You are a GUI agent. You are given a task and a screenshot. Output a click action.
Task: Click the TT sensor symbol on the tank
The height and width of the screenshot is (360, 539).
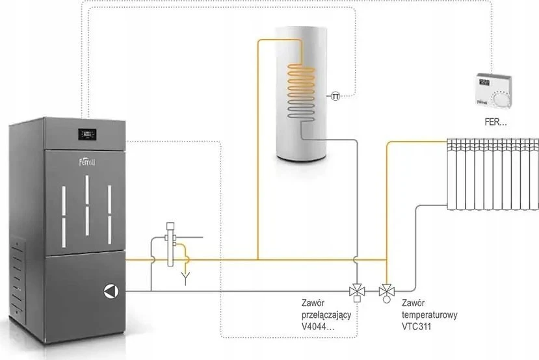(335, 97)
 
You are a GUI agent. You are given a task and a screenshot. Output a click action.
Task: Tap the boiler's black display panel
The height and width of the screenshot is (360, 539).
(87, 134)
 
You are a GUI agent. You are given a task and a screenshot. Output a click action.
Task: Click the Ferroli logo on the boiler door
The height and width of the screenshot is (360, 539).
(87, 161)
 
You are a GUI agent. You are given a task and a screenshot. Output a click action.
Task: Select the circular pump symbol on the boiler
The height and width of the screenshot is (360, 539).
(111, 291)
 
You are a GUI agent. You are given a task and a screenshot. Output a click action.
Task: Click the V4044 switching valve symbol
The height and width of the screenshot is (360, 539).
(357, 291)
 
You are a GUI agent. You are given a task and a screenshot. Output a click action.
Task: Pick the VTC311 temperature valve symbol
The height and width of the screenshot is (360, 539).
(387, 291)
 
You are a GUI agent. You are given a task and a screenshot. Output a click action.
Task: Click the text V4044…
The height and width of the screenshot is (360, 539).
(318, 327)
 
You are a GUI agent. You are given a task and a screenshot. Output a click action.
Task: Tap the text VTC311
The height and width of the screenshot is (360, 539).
(416, 326)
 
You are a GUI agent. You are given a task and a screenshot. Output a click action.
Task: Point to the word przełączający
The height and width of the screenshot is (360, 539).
(326, 315)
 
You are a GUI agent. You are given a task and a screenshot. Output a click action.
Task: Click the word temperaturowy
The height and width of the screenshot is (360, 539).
(429, 315)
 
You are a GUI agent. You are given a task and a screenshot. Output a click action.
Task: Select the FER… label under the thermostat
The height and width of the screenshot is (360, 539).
(495, 122)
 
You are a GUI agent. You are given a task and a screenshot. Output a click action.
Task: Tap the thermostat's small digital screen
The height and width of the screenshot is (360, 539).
(484, 83)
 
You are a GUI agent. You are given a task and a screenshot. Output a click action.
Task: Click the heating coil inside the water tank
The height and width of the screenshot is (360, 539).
(301, 92)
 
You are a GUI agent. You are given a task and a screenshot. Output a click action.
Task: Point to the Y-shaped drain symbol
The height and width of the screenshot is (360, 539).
(185, 279)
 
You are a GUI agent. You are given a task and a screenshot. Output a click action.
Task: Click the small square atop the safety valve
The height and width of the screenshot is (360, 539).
(170, 226)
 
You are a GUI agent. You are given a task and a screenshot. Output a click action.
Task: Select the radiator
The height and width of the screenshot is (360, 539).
(493, 174)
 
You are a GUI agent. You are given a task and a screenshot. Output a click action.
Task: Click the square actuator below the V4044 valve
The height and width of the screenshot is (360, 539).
(357, 299)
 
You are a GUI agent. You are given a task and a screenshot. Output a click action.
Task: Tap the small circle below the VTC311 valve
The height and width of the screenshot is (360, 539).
(387, 299)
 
